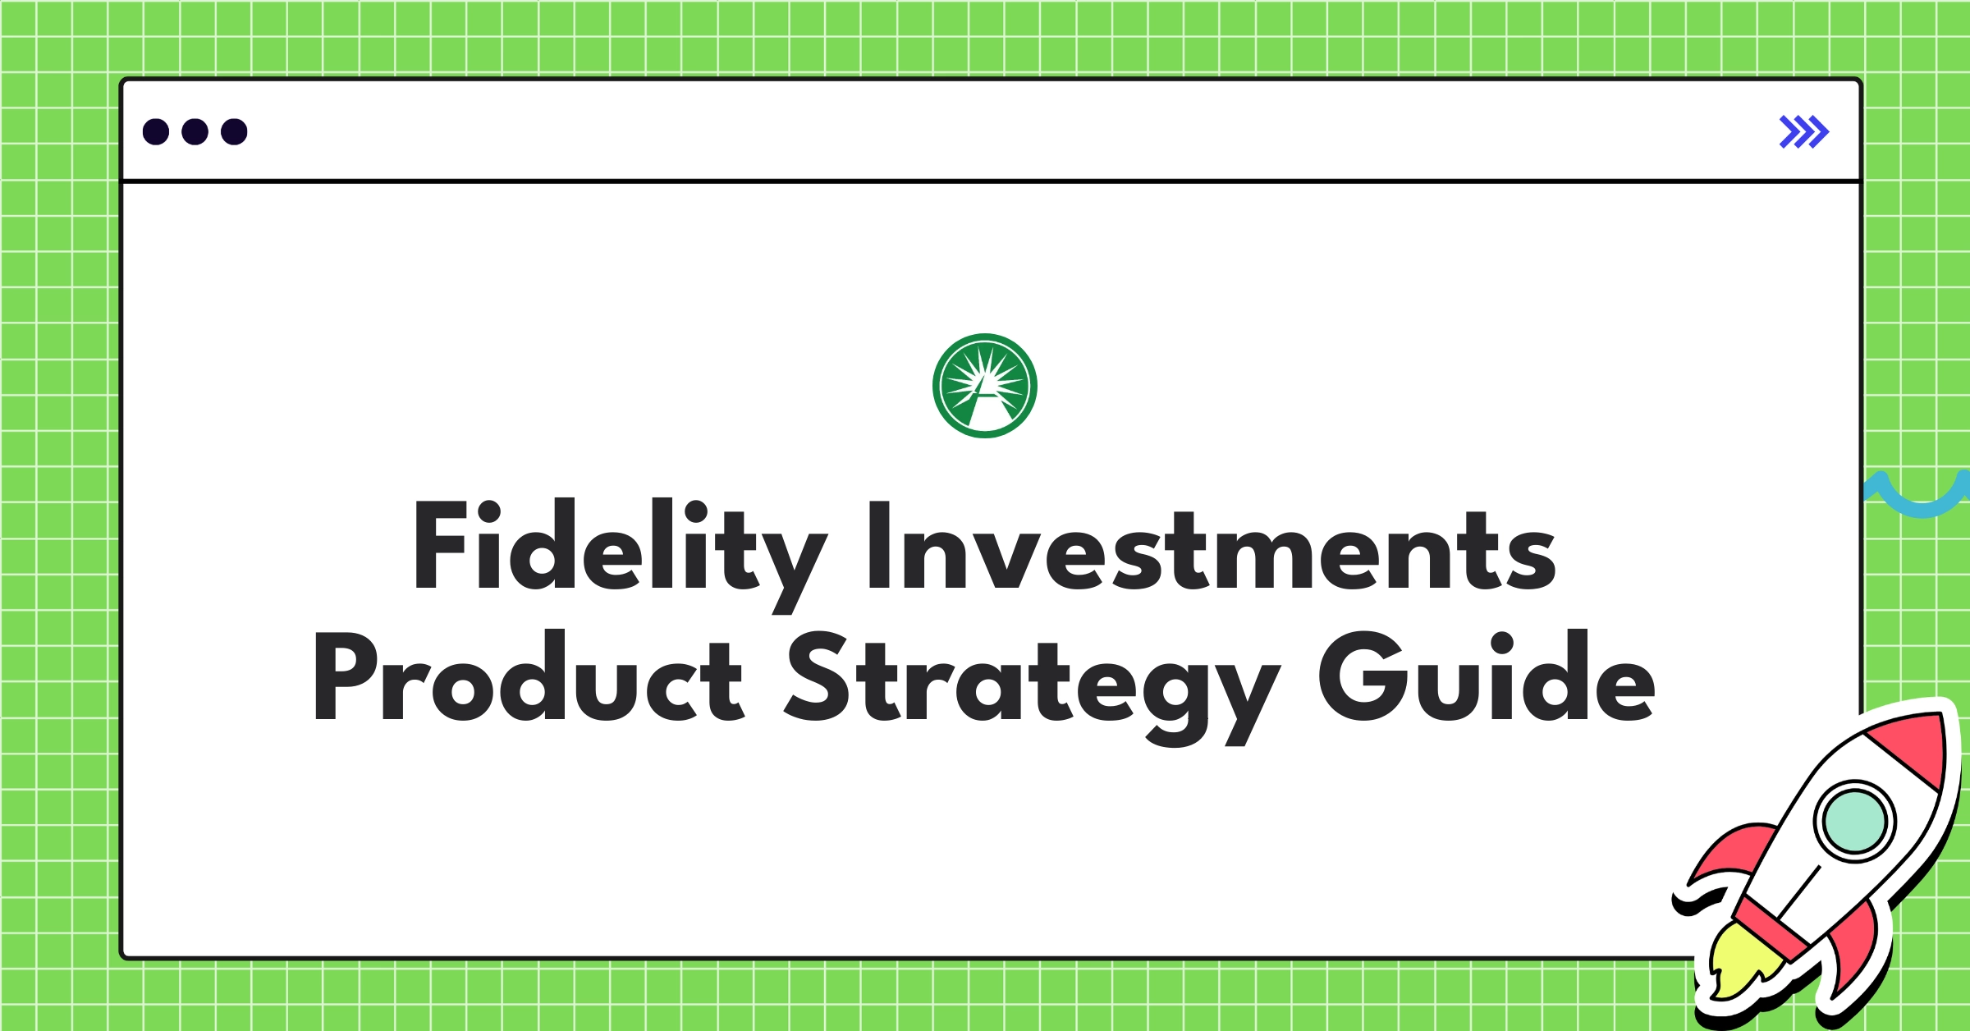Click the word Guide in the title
pos(1487,678)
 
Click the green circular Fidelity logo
pos(985,386)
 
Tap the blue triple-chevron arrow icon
pos(1803,132)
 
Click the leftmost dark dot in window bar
pos(156,132)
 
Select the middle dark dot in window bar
pos(195,132)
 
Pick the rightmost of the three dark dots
pos(234,132)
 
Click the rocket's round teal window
pos(1853,821)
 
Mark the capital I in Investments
pos(879,545)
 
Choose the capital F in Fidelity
pos(442,545)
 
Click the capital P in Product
pos(343,678)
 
